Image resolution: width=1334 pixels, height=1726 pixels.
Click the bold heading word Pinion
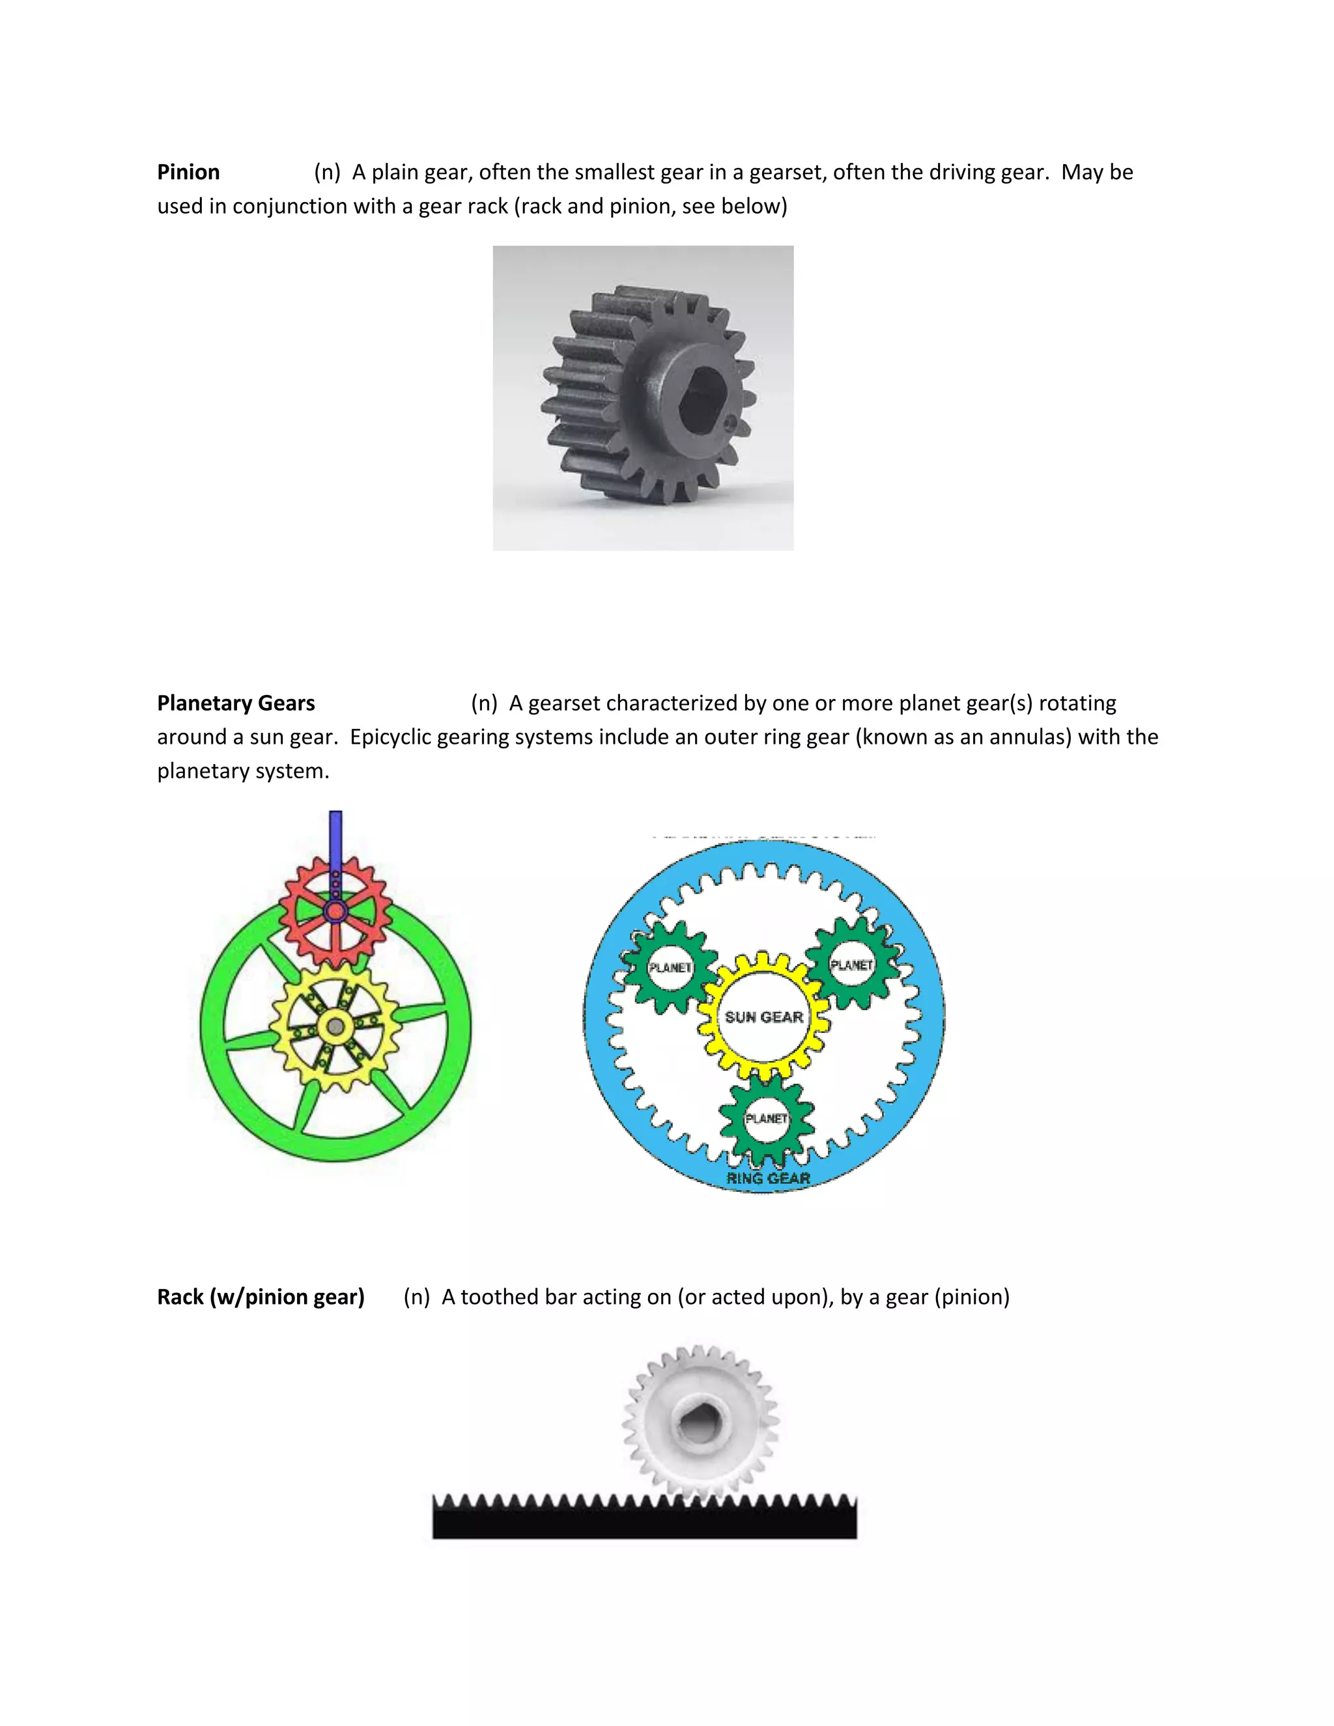point(188,173)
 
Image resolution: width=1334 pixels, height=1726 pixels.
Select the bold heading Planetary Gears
point(236,703)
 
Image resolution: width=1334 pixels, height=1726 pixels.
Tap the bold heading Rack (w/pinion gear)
point(261,1297)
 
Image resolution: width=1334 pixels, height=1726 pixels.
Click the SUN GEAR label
point(763,1017)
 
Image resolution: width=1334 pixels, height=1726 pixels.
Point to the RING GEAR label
point(768,1178)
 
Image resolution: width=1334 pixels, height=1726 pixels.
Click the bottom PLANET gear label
point(767,1118)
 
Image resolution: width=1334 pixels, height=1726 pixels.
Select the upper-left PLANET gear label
point(670,967)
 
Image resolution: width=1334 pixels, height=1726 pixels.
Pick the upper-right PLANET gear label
point(851,965)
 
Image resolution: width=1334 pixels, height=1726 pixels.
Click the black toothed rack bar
point(644,1522)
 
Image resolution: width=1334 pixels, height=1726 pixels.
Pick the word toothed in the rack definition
point(500,1297)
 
